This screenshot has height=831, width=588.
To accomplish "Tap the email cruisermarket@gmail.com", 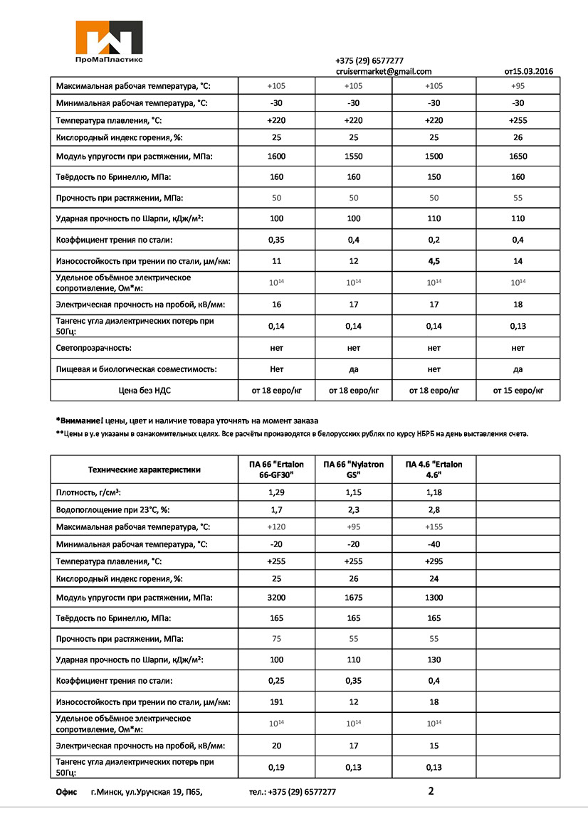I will (x=384, y=71).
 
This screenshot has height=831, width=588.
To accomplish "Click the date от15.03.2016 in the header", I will (x=528, y=71).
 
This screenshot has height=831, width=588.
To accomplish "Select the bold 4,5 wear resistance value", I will (x=434, y=261).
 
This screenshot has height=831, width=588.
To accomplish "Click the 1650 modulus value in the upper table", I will (x=518, y=156).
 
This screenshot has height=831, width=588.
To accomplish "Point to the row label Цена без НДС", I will (x=142, y=390).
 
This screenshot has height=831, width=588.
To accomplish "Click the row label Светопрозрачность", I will (x=94, y=348).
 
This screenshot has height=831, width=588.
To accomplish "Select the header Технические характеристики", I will (x=144, y=470).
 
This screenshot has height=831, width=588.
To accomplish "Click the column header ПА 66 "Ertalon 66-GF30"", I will (x=277, y=470).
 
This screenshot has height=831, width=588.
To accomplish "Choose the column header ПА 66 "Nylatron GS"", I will (x=353, y=470).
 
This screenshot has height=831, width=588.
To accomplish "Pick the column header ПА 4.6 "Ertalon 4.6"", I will (x=434, y=470).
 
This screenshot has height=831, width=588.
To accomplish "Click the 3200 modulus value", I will (x=277, y=598).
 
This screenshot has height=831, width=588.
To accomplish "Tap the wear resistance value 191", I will (x=277, y=702).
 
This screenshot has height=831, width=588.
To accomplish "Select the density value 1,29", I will (x=277, y=492).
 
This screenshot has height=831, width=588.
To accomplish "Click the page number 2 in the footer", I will (x=431, y=790).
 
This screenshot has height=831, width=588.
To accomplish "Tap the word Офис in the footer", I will (x=66, y=791).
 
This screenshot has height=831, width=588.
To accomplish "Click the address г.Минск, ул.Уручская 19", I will (x=147, y=791).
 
